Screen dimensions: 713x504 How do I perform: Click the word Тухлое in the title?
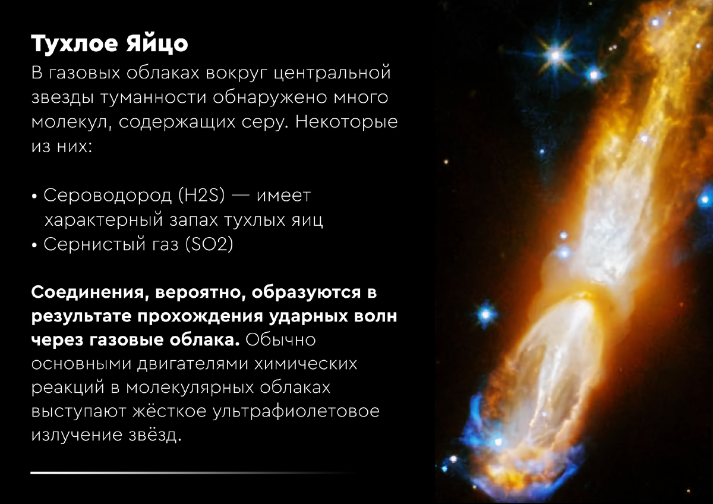pyautogui.click(x=74, y=43)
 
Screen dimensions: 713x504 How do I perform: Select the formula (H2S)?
pyautogui.click(x=201, y=195)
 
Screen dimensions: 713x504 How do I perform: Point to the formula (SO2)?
pyautogui.click(x=209, y=244)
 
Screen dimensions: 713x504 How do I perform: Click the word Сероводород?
pyautogui.click(x=108, y=196)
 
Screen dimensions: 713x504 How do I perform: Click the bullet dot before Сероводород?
pyautogui.click(x=34, y=197)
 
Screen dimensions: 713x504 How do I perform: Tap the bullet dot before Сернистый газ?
pyautogui.click(x=34, y=245)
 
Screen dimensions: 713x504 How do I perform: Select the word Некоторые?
pyautogui.click(x=346, y=121)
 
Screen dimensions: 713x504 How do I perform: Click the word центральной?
pyautogui.click(x=332, y=73)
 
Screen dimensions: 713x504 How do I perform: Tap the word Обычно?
pyautogui.click(x=280, y=340)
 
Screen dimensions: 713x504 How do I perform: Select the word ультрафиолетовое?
pyautogui.click(x=296, y=411)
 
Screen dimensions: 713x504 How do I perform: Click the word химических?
pyautogui.click(x=305, y=364)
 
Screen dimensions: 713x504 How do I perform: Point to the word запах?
pyautogui.click(x=194, y=220)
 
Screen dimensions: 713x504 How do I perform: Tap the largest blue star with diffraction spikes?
pyautogui.click(x=555, y=56)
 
